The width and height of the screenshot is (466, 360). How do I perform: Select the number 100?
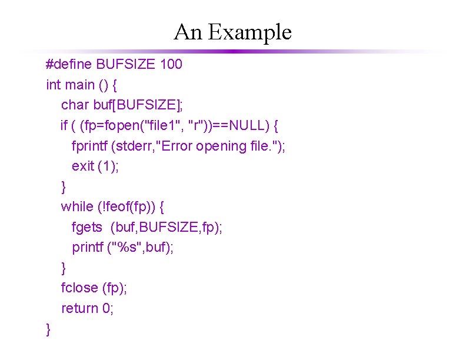pyautogui.click(x=171, y=64)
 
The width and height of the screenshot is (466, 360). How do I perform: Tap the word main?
pyautogui.click(x=80, y=85)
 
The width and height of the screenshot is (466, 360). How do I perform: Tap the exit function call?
pyautogui.click(x=82, y=166)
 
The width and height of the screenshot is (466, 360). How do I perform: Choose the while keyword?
pyautogui.click(x=77, y=206)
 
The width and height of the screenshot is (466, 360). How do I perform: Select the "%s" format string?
pyautogui.click(x=127, y=247)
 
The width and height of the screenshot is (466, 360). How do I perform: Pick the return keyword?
pyautogui.click(x=80, y=308)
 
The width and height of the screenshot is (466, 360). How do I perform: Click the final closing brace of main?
pyautogui.click(x=48, y=330)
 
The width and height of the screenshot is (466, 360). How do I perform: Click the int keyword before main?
pyautogui.click(x=53, y=85)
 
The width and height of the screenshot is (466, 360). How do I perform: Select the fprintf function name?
pyautogui.click(x=92, y=146)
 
